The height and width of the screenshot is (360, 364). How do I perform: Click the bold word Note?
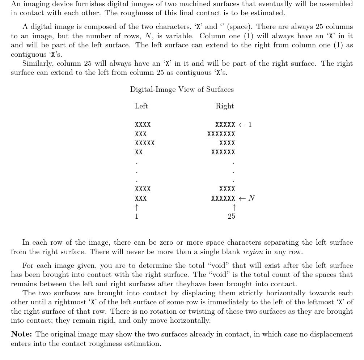coord(22,334)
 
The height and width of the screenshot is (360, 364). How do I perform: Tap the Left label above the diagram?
coord(141,106)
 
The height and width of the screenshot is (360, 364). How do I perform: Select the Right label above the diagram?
coord(225,106)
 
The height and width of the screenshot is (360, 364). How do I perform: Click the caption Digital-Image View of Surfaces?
coord(182,90)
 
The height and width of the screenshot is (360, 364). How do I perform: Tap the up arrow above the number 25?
coord(234,207)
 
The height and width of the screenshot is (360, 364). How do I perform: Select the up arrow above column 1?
coord(136,207)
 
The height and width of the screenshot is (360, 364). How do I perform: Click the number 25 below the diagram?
coord(232,217)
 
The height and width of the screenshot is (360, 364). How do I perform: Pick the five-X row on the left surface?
coord(145,143)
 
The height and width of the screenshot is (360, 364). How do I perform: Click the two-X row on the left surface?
coord(139,153)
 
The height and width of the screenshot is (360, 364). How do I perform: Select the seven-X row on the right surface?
coord(221,134)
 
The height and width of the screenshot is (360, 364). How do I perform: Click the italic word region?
coord(253,252)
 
